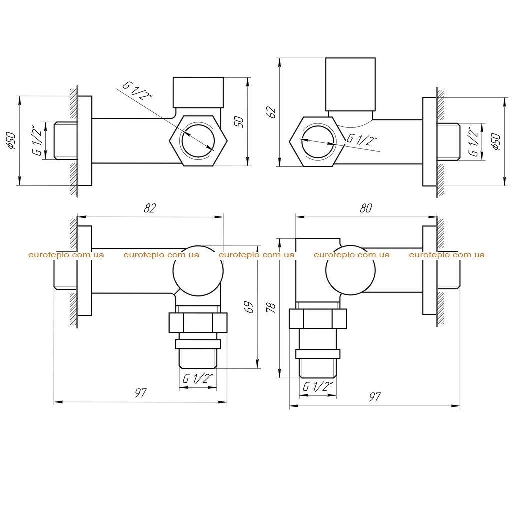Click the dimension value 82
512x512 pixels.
pos(150,208)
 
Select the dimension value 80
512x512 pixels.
pos(366,208)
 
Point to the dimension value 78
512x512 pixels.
pos(271,308)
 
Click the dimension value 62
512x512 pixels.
pos(271,112)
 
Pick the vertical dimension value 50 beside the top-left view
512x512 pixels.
pos(239,122)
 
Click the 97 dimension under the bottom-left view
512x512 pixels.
pos(140,393)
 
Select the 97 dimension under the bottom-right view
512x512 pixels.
pos(375,396)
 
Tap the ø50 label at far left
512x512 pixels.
pos(11,140)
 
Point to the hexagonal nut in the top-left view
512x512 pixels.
pos(198,140)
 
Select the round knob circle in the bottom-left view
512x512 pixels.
pos(198,271)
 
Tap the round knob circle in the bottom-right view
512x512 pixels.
pos(351,270)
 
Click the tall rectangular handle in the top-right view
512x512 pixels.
pos(350,84)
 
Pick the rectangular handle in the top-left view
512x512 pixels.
pos(198,92)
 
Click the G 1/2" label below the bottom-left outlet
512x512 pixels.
pos(198,378)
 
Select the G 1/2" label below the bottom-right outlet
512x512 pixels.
pos(318,386)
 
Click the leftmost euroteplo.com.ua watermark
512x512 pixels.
pos(66,255)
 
